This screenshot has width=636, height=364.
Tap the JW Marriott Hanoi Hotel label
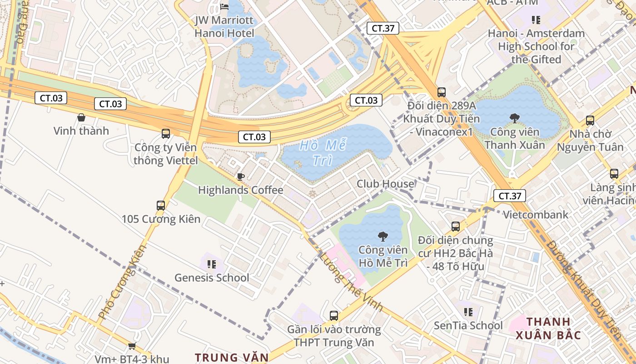(x=224, y=27)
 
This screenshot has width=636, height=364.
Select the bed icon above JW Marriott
(x=224, y=6)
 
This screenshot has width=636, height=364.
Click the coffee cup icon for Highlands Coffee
(x=240, y=177)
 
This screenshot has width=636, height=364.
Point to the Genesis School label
(x=212, y=278)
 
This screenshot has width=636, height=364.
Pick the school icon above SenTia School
(x=468, y=312)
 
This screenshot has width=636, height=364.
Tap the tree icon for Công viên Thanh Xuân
(x=514, y=118)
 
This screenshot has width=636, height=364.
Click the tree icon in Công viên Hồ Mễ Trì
(x=383, y=236)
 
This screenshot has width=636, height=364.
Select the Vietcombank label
(x=536, y=215)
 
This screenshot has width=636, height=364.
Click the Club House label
(x=385, y=184)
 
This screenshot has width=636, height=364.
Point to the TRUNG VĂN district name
(x=232, y=357)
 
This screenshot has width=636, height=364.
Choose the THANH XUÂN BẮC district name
(x=548, y=329)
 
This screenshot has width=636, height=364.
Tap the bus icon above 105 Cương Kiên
(x=161, y=205)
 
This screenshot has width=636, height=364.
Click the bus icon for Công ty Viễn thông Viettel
(x=166, y=134)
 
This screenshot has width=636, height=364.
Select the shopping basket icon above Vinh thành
(x=81, y=117)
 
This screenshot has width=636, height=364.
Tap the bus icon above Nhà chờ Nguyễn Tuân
(x=590, y=121)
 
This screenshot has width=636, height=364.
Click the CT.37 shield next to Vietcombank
(x=509, y=196)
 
